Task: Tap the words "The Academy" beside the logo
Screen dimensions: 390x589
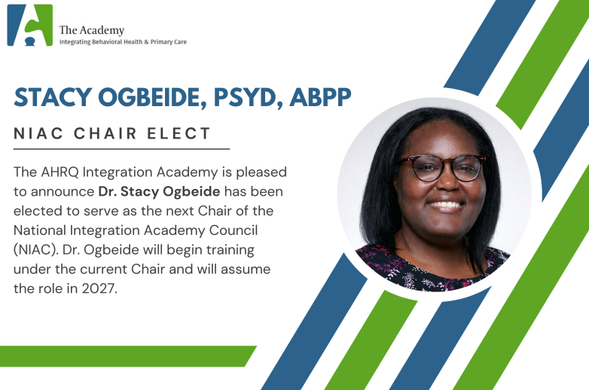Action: point(91,30)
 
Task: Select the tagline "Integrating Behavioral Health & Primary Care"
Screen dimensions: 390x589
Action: point(123,42)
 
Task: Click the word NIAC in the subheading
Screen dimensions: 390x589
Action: point(38,134)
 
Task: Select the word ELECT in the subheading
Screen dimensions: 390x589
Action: point(180,134)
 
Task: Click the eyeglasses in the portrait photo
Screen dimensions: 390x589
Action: point(442,167)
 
